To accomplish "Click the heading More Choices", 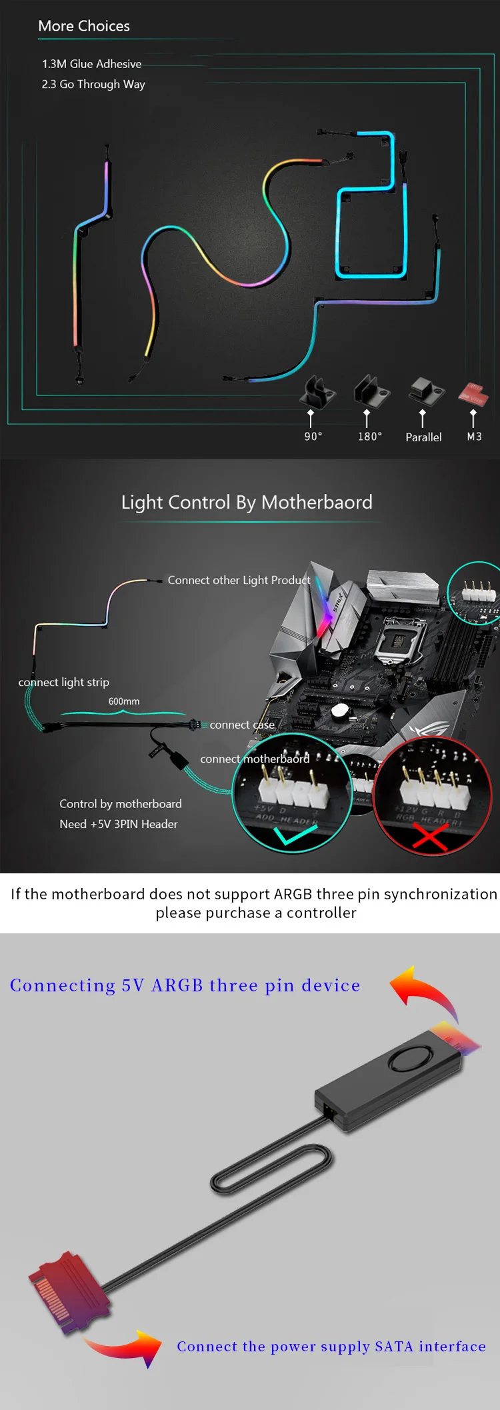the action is pyautogui.click(x=84, y=26).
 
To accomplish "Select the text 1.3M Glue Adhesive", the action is pyautogui.click(x=91, y=64).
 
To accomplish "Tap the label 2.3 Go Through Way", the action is pyautogui.click(x=93, y=84).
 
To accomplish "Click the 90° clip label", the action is pyautogui.click(x=313, y=437).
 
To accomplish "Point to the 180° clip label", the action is pyautogui.click(x=370, y=437).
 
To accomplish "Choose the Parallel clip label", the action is pyautogui.click(x=423, y=437).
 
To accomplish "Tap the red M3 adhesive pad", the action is pyautogui.click(x=473, y=394).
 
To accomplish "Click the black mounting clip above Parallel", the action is pyautogui.click(x=425, y=391).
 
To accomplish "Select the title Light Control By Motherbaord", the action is pyautogui.click(x=247, y=502).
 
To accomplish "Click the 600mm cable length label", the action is pyautogui.click(x=124, y=701).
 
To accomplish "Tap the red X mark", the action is pyautogui.click(x=429, y=837).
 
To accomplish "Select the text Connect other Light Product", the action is pyautogui.click(x=239, y=580).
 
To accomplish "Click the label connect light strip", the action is pyautogui.click(x=64, y=682).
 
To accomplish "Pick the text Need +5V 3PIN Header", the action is pyautogui.click(x=119, y=824).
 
